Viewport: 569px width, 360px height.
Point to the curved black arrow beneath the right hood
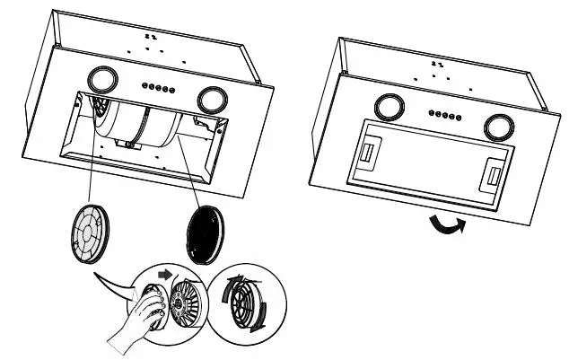point(446,224)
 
